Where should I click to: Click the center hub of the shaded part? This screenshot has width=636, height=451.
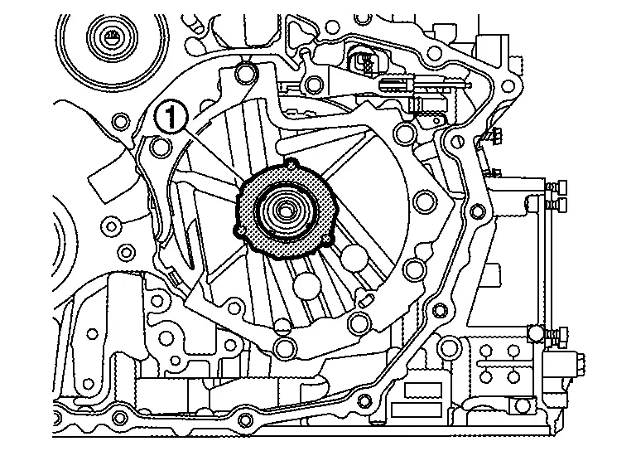[285, 209]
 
